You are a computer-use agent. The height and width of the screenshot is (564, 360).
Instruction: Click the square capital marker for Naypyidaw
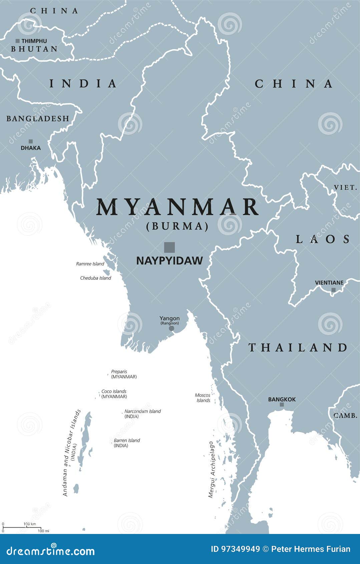tap(169, 247)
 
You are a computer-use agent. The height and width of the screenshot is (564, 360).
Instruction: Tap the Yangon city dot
tap(171, 328)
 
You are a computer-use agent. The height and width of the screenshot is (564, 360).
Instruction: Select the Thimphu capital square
tap(18, 41)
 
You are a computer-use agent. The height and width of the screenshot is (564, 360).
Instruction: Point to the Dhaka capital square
tap(31, 142)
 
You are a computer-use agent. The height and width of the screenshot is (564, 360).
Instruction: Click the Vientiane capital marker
tap(333, 290)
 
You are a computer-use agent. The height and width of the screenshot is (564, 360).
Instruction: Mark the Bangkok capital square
tap(282, 405)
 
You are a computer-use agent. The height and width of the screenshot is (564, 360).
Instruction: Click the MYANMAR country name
tap(177, 207)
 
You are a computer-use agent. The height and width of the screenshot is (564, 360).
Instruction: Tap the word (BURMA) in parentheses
tap(177, 227)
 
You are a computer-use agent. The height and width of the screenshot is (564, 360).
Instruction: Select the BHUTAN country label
tap(34, 49)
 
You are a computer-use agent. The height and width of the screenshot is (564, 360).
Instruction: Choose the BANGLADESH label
tap(38, 118)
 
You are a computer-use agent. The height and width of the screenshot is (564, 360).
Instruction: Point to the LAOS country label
tap(323, 239)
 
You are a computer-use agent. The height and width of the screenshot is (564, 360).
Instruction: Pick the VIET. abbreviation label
tap(346, 188)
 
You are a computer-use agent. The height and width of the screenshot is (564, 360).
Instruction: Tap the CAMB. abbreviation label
tap(345, 415)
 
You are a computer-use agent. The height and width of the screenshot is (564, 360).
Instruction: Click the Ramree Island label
tap(90, 264)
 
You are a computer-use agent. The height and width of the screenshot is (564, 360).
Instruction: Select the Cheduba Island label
tap(95, 278)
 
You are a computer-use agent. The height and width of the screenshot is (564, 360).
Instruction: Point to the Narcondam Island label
tap(142, 411)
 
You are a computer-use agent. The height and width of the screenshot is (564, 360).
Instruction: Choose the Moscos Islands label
tap(203, 398)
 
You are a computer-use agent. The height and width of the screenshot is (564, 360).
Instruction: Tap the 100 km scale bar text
tap(29, 524)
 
